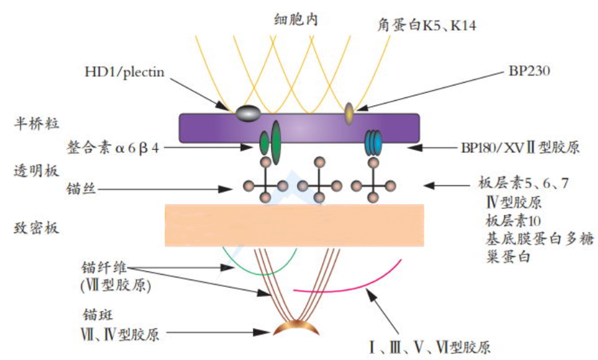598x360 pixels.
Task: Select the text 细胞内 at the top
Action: (296, 20)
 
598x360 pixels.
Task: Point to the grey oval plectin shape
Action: (246, 114)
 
